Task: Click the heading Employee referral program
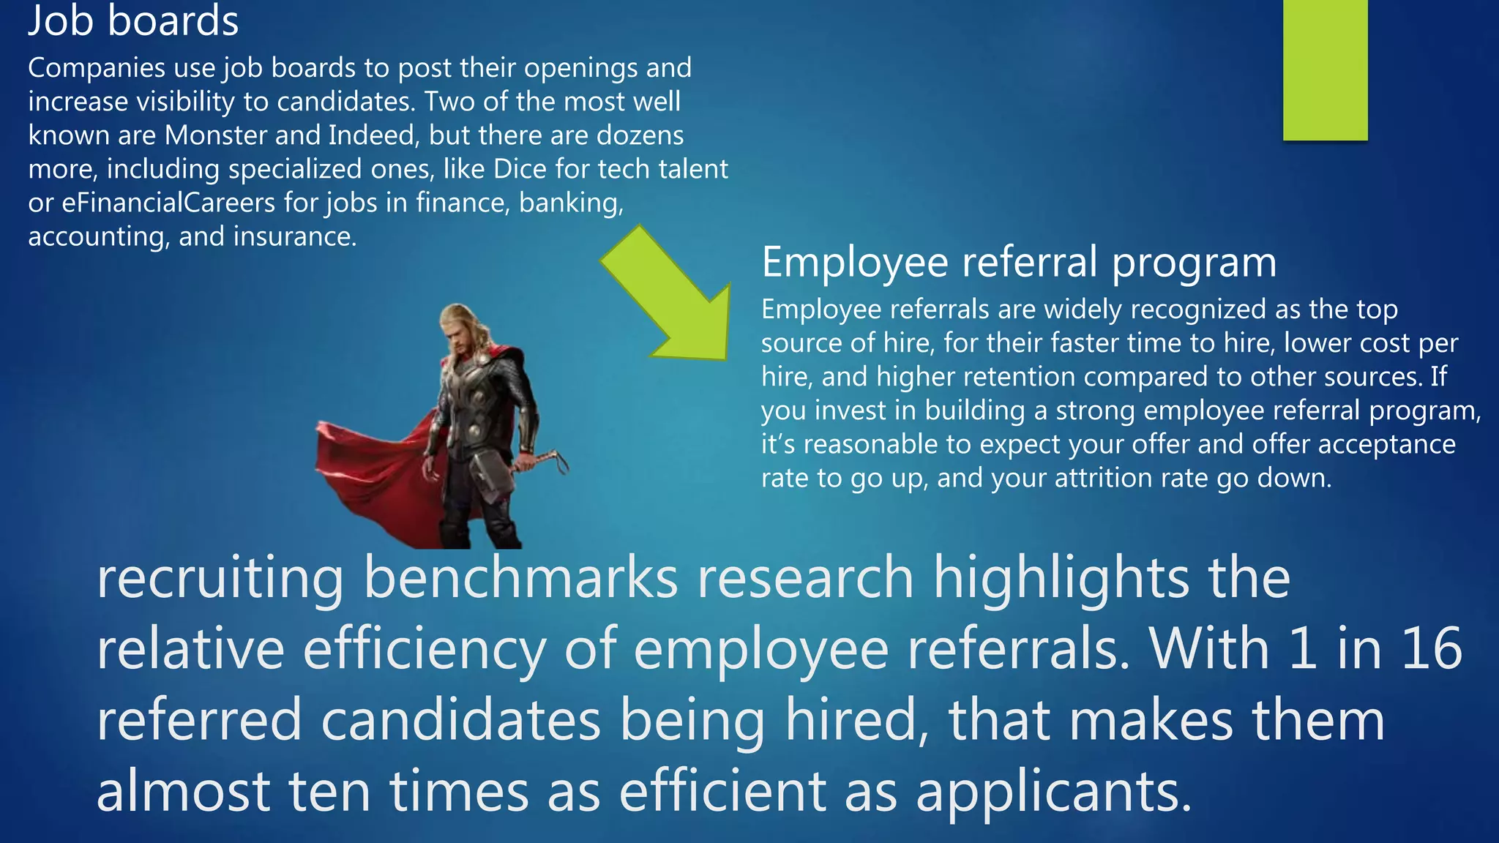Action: tap(1019, 262)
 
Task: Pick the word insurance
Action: tap(294, 236)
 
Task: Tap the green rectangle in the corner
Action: tap(1325, 70)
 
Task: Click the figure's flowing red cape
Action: tap(366, 461)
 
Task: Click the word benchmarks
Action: tap(520, 577)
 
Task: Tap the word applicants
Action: tap(1053, 792)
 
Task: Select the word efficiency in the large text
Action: tap(424, 648)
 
